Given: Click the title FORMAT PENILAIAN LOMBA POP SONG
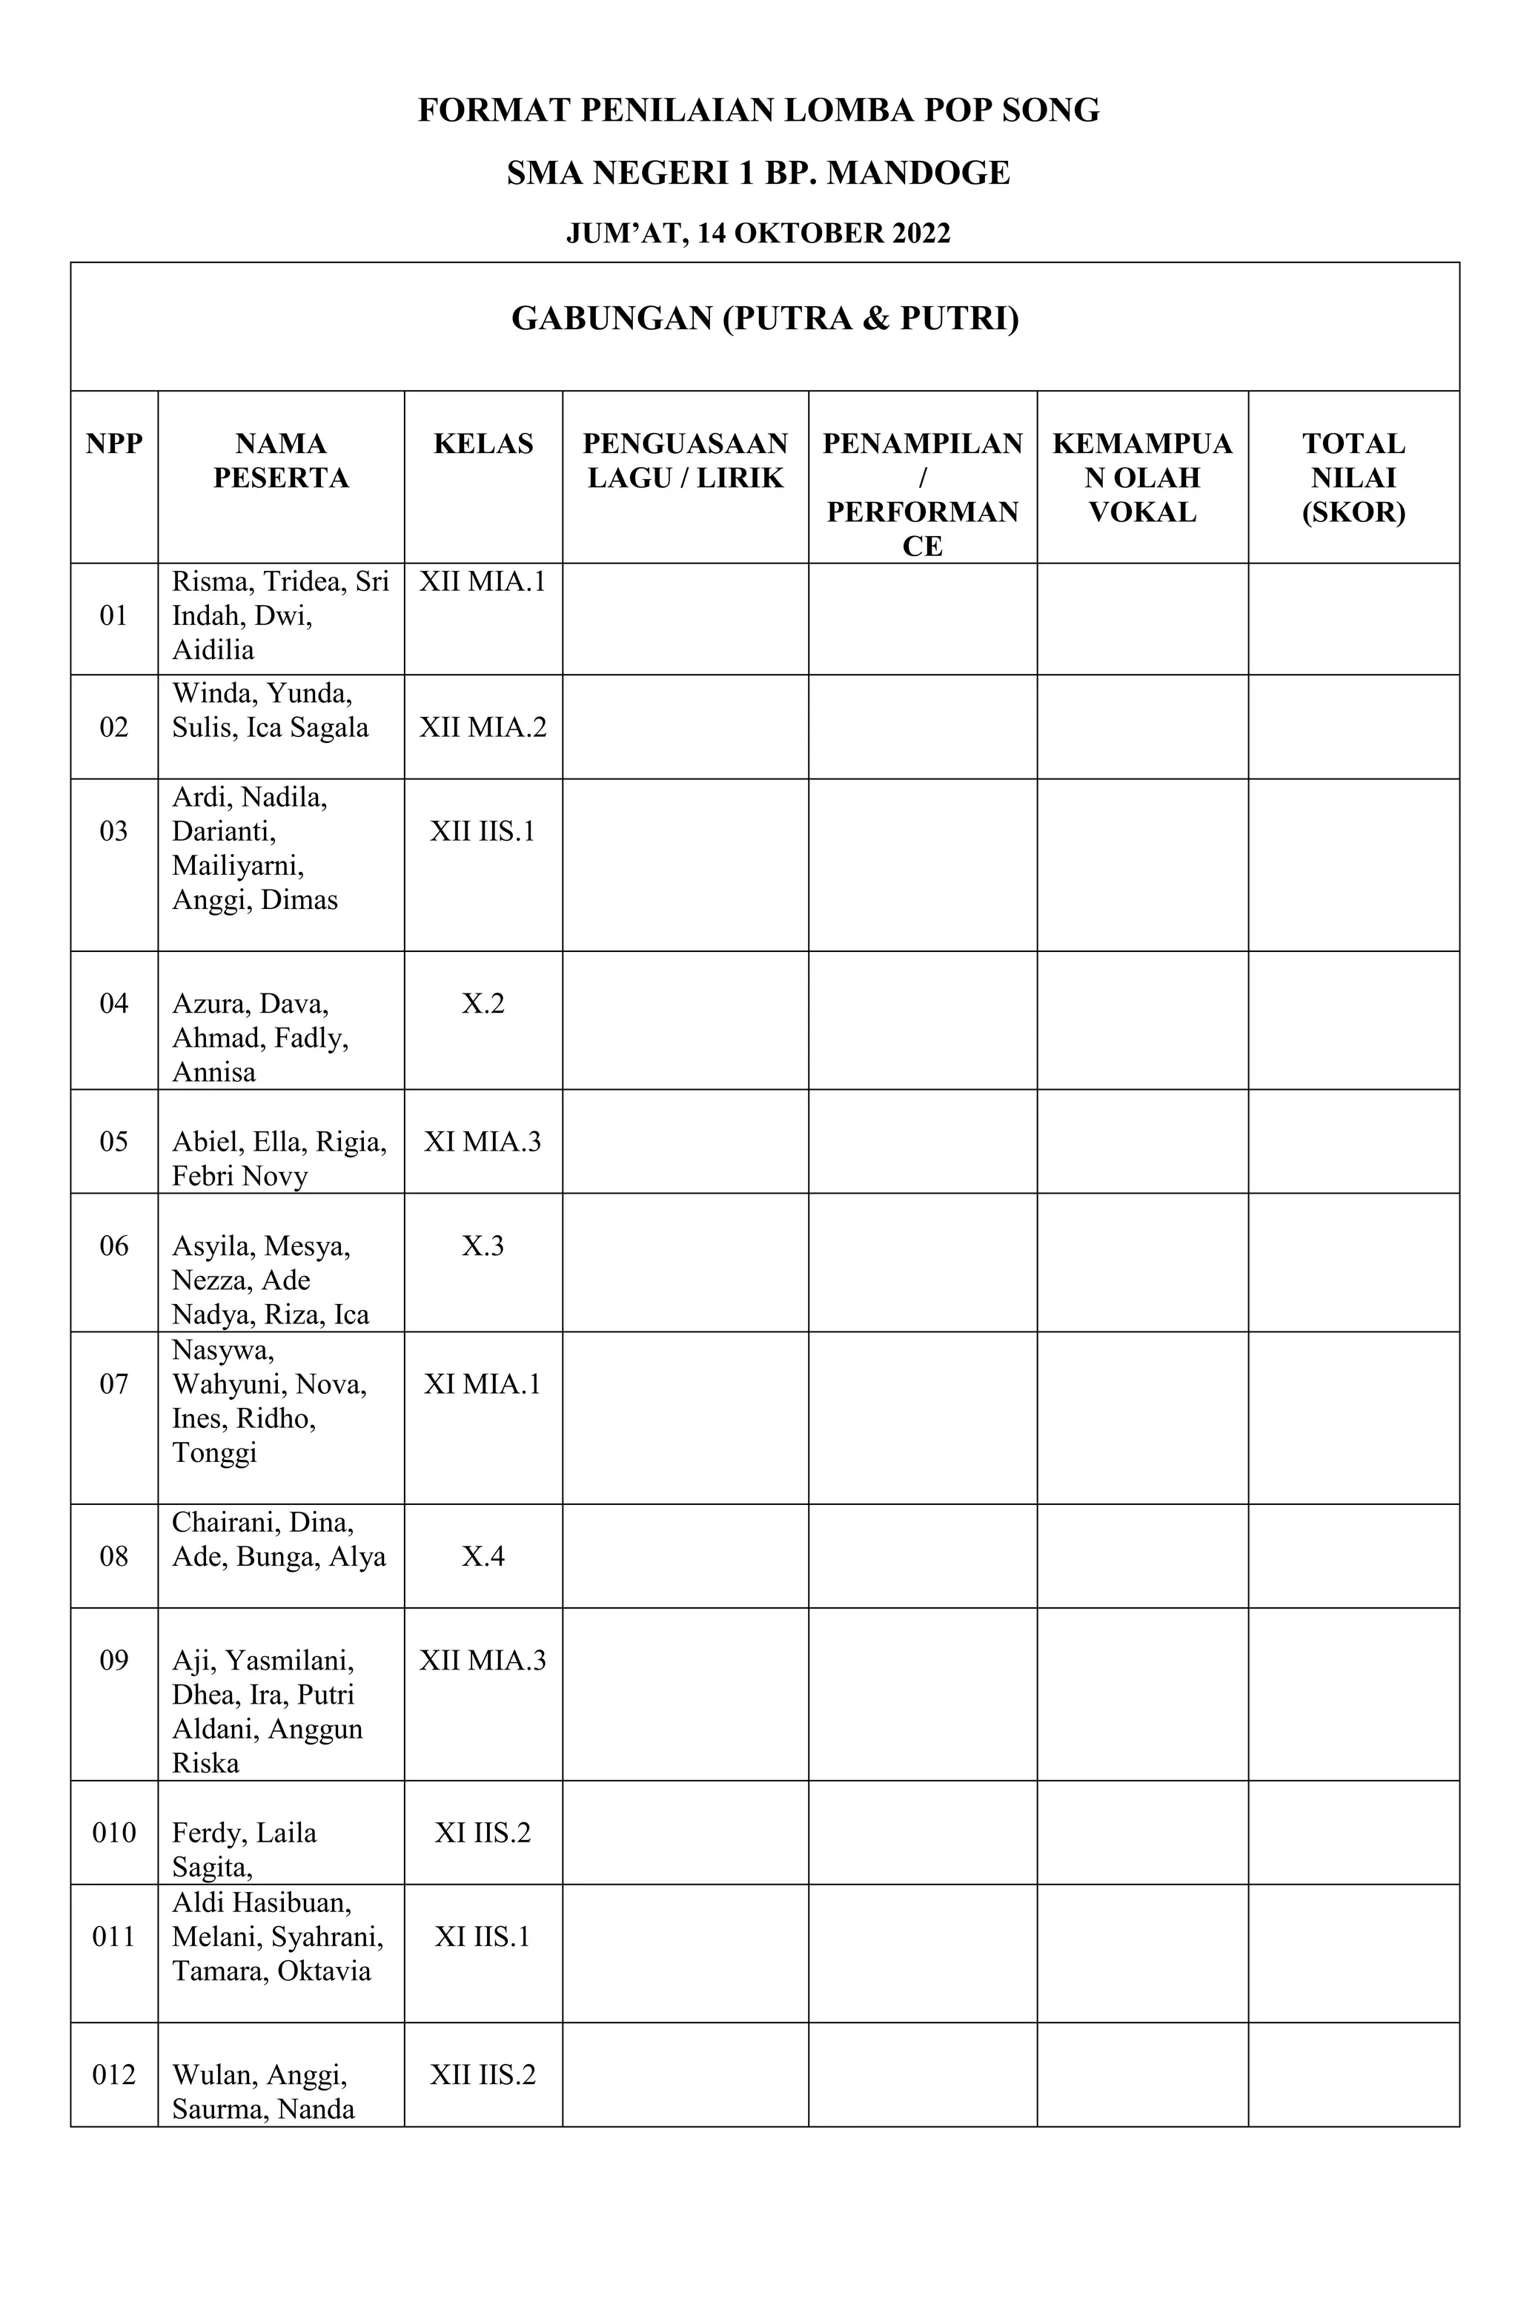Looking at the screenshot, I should (758, 110).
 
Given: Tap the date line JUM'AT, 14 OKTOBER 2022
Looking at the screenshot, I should (758, 234).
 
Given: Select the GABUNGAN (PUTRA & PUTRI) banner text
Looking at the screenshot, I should (765, 318).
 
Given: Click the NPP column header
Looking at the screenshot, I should (114, 444).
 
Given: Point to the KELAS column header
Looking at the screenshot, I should (483, 444).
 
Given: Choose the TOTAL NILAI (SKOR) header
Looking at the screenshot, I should (1353, 477).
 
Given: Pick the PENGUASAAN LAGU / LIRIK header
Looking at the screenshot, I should (685, 460).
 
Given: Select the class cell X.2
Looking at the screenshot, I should (483, 1004).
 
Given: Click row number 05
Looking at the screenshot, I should (114, 1142).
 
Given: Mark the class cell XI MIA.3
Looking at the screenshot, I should (483, 1142).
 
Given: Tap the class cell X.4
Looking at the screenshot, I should (483, 1556).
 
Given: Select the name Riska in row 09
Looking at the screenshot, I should (206, 1763).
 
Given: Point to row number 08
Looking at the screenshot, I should (114, 1556).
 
